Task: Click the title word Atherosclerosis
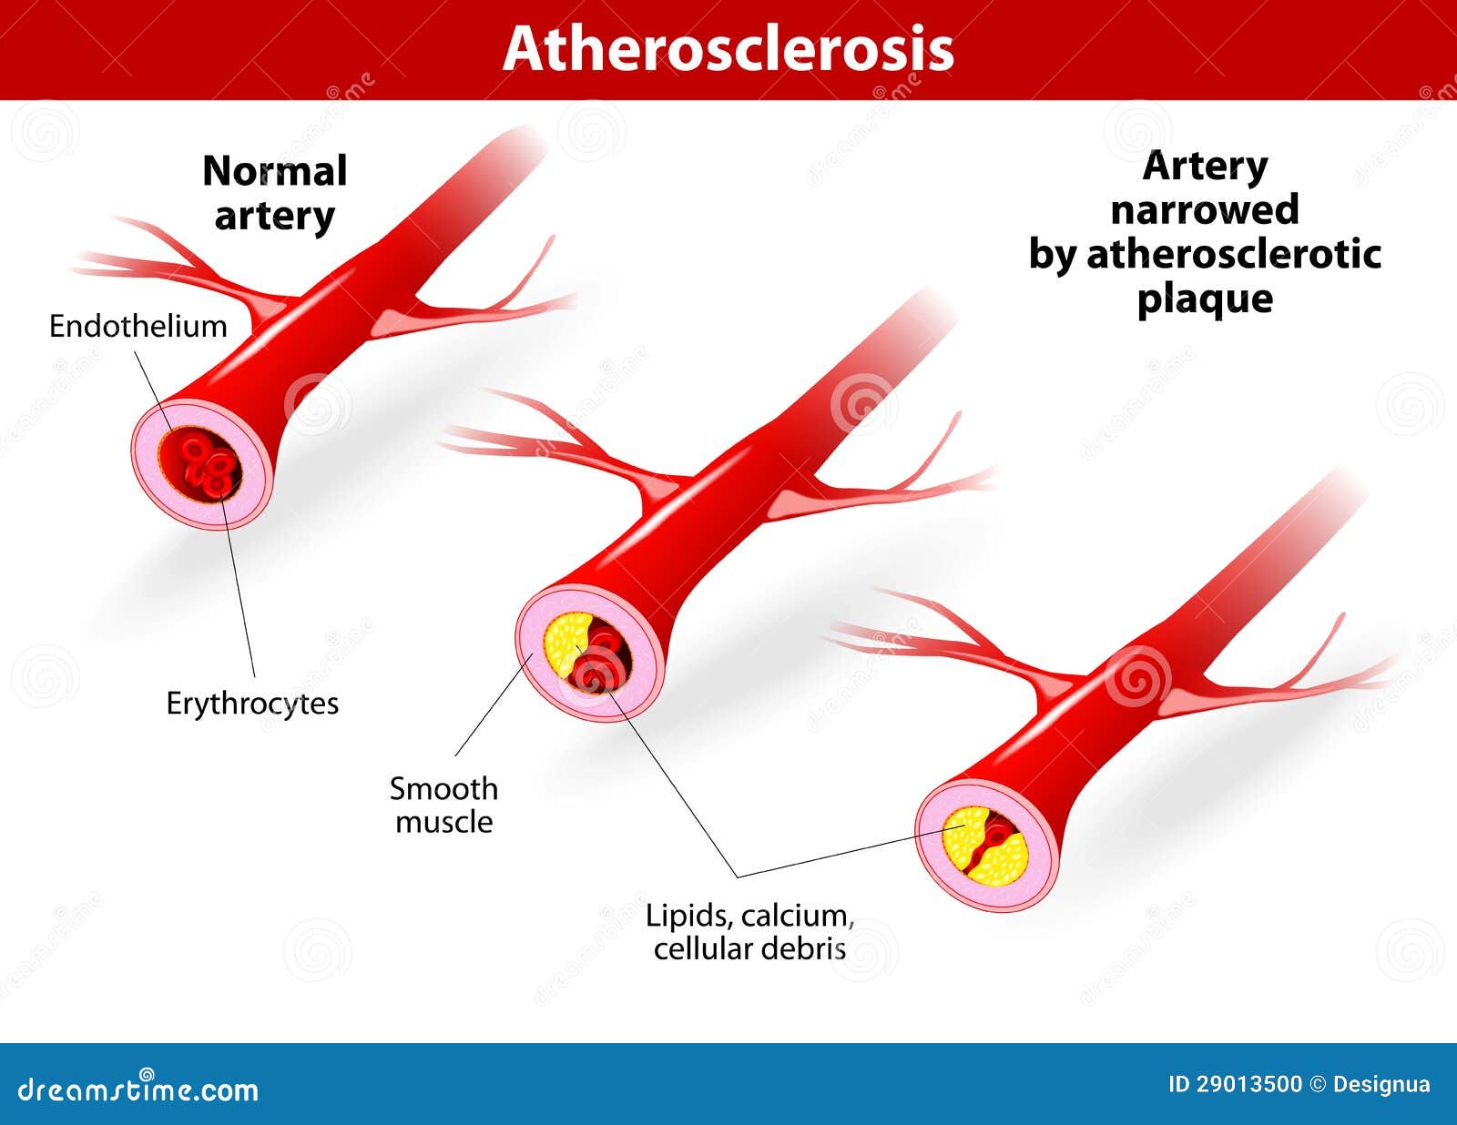[728, 49]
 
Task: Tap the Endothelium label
[138, 327]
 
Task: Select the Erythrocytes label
[252, 704]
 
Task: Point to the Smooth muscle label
[443, 806]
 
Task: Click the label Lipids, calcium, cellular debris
[749, 932]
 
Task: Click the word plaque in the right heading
[1205, 299]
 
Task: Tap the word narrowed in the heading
[1205, 209]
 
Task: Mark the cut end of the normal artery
[202, 464]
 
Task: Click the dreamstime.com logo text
[138, 1090]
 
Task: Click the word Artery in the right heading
[1205, 167]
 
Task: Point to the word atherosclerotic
[1234, 255]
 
